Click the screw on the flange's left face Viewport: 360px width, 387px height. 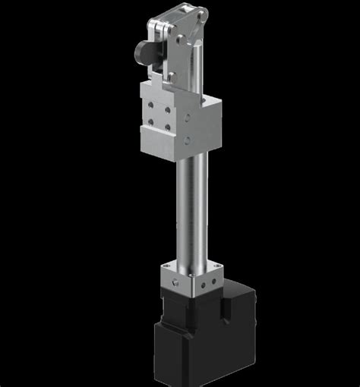[x=174, y=282]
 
